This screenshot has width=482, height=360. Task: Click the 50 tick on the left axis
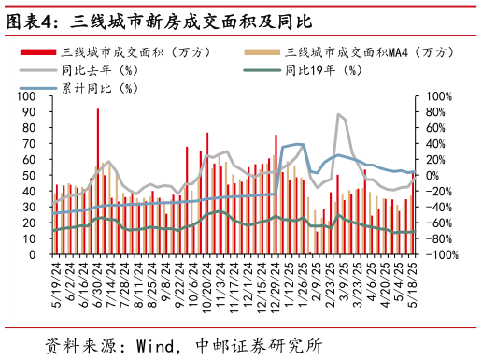(x=35, y=176)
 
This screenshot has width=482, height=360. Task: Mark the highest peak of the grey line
(x=337, y=114)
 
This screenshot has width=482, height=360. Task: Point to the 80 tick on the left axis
(x=35, y=128)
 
